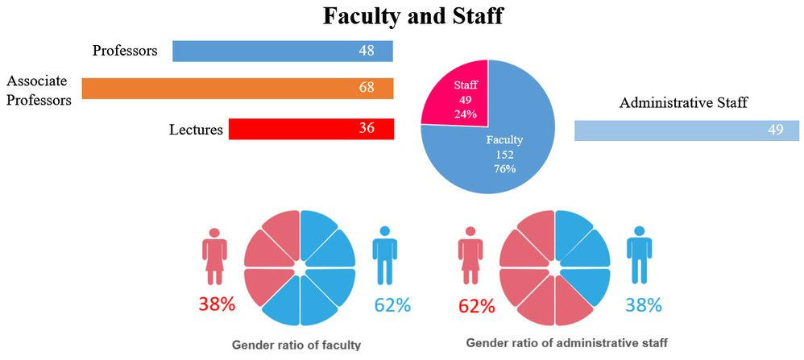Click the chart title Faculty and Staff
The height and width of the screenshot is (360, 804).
coord(412,16)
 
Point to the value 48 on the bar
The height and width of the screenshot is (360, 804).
coord(367,51)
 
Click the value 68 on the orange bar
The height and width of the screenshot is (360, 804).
coord(367,88)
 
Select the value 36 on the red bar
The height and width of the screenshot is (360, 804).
coord(367,129)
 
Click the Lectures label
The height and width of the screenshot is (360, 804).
coord(196,129)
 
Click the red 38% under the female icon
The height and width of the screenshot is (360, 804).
coord(216,305)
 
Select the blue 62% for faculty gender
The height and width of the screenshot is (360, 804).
coord(392,305)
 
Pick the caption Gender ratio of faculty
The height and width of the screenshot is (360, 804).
coord(296,345)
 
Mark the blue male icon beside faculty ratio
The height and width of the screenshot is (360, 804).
coord(385,254)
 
